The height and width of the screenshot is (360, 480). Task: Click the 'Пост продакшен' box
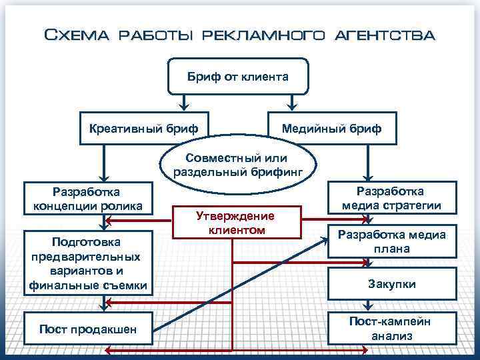[x=89, y=328]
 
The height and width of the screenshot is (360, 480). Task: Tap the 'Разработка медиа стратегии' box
[x=391, y=198]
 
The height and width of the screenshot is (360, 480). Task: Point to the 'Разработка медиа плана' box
[x=391, y=241]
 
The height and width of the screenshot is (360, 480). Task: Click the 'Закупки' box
[x=391, y=284]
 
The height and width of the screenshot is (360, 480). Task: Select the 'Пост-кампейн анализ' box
[x=391, y=328]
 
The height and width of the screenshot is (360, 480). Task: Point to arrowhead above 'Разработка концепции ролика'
[x=102, y=175]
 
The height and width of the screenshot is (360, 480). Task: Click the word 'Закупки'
[x=391, y=284]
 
